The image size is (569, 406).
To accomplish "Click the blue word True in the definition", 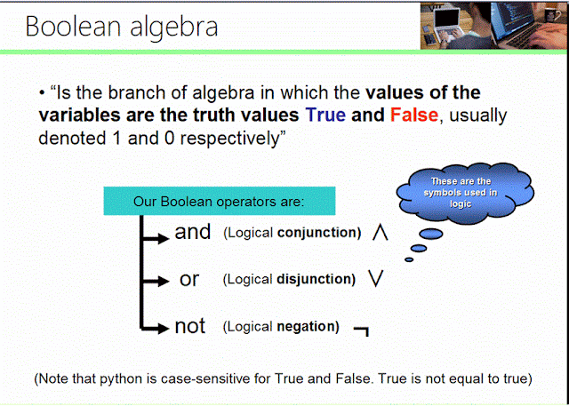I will point(325,115).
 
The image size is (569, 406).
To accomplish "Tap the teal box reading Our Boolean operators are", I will point(219,201).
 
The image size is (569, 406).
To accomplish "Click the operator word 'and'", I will point(192,233).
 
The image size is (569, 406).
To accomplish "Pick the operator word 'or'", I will point(189,279).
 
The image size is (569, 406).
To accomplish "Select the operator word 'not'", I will point(190,327).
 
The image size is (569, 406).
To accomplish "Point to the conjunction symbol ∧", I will point(380,233).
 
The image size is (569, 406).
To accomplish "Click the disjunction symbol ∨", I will point(374,279).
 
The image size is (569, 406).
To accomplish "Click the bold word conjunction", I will point(318,233).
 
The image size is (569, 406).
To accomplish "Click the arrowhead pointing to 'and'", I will point(163,235).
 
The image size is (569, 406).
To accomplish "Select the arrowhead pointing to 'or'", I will point(163,282).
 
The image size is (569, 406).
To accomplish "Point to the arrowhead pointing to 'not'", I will point(163,329).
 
